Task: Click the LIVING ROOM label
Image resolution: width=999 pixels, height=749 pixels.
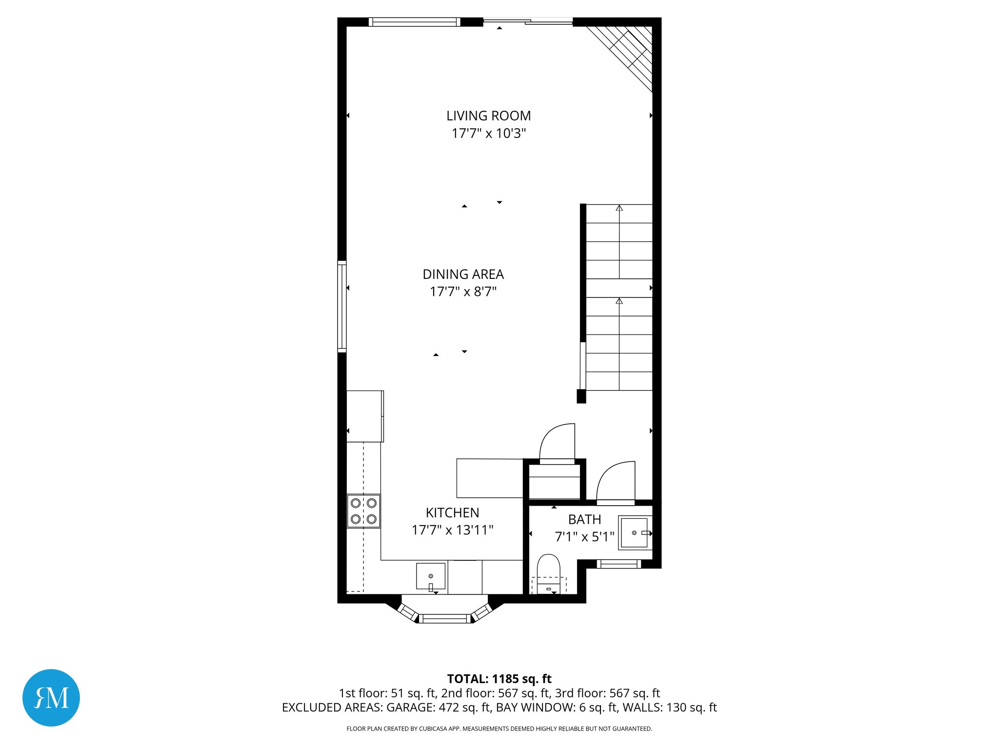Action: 488,116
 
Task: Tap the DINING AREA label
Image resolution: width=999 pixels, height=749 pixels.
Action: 463,275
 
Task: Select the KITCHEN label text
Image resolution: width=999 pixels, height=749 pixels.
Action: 452,513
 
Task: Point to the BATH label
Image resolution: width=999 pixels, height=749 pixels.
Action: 584,520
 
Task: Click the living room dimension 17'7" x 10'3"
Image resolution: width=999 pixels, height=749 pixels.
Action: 488,134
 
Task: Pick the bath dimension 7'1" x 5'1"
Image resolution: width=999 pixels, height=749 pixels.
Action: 584,537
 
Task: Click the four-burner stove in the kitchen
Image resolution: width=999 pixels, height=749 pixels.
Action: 363,511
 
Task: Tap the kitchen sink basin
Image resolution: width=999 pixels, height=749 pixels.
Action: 431,576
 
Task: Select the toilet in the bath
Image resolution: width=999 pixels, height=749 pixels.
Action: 549,573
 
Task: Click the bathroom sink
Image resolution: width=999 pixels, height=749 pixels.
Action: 634,532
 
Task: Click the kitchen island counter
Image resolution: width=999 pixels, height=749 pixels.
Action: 490,478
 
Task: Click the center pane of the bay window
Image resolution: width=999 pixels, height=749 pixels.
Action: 444,619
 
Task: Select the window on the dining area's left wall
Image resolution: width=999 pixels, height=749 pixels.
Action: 342,307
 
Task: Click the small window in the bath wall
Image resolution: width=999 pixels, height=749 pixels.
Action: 619,564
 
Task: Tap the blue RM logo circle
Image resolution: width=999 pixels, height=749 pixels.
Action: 51,698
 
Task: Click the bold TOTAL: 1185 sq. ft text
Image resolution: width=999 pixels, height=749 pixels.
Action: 499,679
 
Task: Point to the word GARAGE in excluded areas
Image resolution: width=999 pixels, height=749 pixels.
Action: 409,708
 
